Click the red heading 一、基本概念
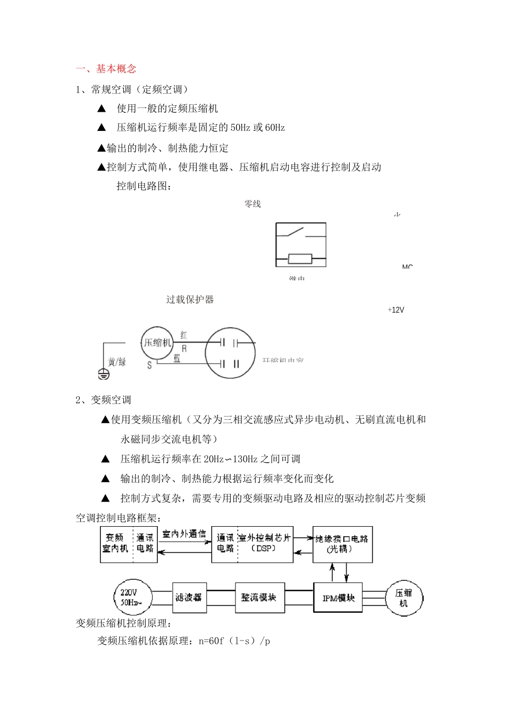[x=106, y=69]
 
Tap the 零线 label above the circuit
[x=252, y=204]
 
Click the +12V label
[x=396, y=310]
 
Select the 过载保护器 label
[x=190, y=300]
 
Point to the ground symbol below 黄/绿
[x=104, y=375]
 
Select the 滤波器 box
[x=189, y=597]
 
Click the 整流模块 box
[x=259, y=597]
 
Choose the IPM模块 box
[x=339, y=598]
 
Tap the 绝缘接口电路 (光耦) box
[x=342, y=544]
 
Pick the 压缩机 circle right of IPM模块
[x=403, y=598]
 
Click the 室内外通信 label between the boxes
[x=184, y=534]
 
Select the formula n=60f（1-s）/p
[x=234, y=641]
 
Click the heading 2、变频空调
[x=103, y=400]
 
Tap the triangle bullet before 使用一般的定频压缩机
[x=102, y=109]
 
